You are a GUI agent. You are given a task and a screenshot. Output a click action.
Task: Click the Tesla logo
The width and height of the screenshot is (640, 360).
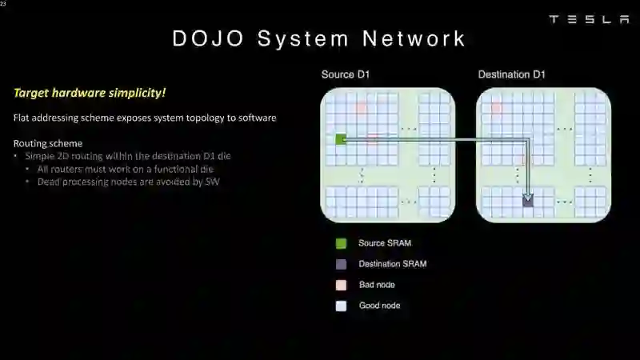(x=589, y=19)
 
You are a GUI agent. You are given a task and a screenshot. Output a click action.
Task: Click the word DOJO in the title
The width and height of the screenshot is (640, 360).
(x=206, y=38)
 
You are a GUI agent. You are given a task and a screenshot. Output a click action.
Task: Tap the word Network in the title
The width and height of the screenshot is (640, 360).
(x=414, y=38)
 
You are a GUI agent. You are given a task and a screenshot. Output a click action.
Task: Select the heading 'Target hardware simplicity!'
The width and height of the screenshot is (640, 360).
(x=90, y=93)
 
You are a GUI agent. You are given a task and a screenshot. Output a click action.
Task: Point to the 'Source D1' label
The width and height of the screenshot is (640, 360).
(x=345, y=74)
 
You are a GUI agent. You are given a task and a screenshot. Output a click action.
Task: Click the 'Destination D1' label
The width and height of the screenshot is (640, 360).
(x=511, y=74)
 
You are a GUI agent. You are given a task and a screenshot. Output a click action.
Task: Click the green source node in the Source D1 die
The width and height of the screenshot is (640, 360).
(x=341, y=140)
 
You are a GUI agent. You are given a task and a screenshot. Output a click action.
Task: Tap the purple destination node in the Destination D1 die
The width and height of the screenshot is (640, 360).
(x=528, y=202)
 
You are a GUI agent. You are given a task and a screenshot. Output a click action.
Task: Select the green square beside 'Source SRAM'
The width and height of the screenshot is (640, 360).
(x=342, y=243)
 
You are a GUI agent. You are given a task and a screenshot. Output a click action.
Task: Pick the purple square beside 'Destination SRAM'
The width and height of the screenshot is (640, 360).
(x=342, y=264)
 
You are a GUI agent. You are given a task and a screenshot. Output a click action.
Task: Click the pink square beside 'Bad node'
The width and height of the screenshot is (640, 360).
(x=342, y=285)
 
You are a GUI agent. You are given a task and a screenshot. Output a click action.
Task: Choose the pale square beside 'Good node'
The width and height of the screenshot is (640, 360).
(x=342, y=306)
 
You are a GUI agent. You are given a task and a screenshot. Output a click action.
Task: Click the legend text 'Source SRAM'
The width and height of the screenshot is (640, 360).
(x=385, y=243)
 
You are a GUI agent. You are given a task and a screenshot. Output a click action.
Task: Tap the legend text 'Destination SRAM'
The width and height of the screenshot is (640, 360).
(x=392, y=264)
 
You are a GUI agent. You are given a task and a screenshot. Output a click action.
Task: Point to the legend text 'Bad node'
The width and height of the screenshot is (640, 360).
(x=377, y=285)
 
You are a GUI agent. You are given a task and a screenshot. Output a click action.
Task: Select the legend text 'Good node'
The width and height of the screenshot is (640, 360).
(x=379, y=306)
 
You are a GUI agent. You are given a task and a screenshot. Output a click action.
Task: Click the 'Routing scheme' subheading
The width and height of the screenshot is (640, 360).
(x=48, y=143)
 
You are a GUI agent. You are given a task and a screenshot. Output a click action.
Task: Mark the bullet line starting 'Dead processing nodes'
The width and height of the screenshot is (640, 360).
(x=128, y=182)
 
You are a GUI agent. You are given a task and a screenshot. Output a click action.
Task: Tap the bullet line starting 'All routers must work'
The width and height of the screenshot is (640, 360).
(x=125, y=169)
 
